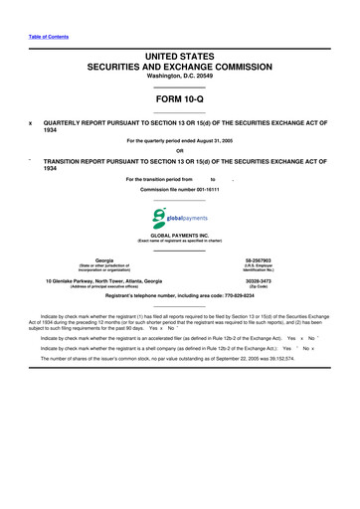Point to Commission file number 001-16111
pyautogui.click(x=180, y=189)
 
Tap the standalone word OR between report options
pyautogui.click(x=179, y=150)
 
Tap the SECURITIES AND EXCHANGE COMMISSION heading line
pyautogui.click(x=179, y=70)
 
